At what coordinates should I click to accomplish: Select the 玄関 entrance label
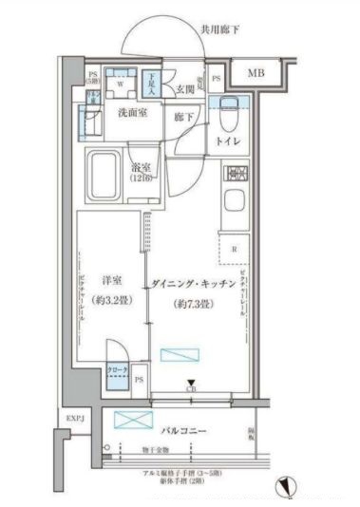185,89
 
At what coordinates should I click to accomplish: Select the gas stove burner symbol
235,174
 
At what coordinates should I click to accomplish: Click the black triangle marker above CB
191,382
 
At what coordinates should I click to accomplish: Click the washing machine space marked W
121,83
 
